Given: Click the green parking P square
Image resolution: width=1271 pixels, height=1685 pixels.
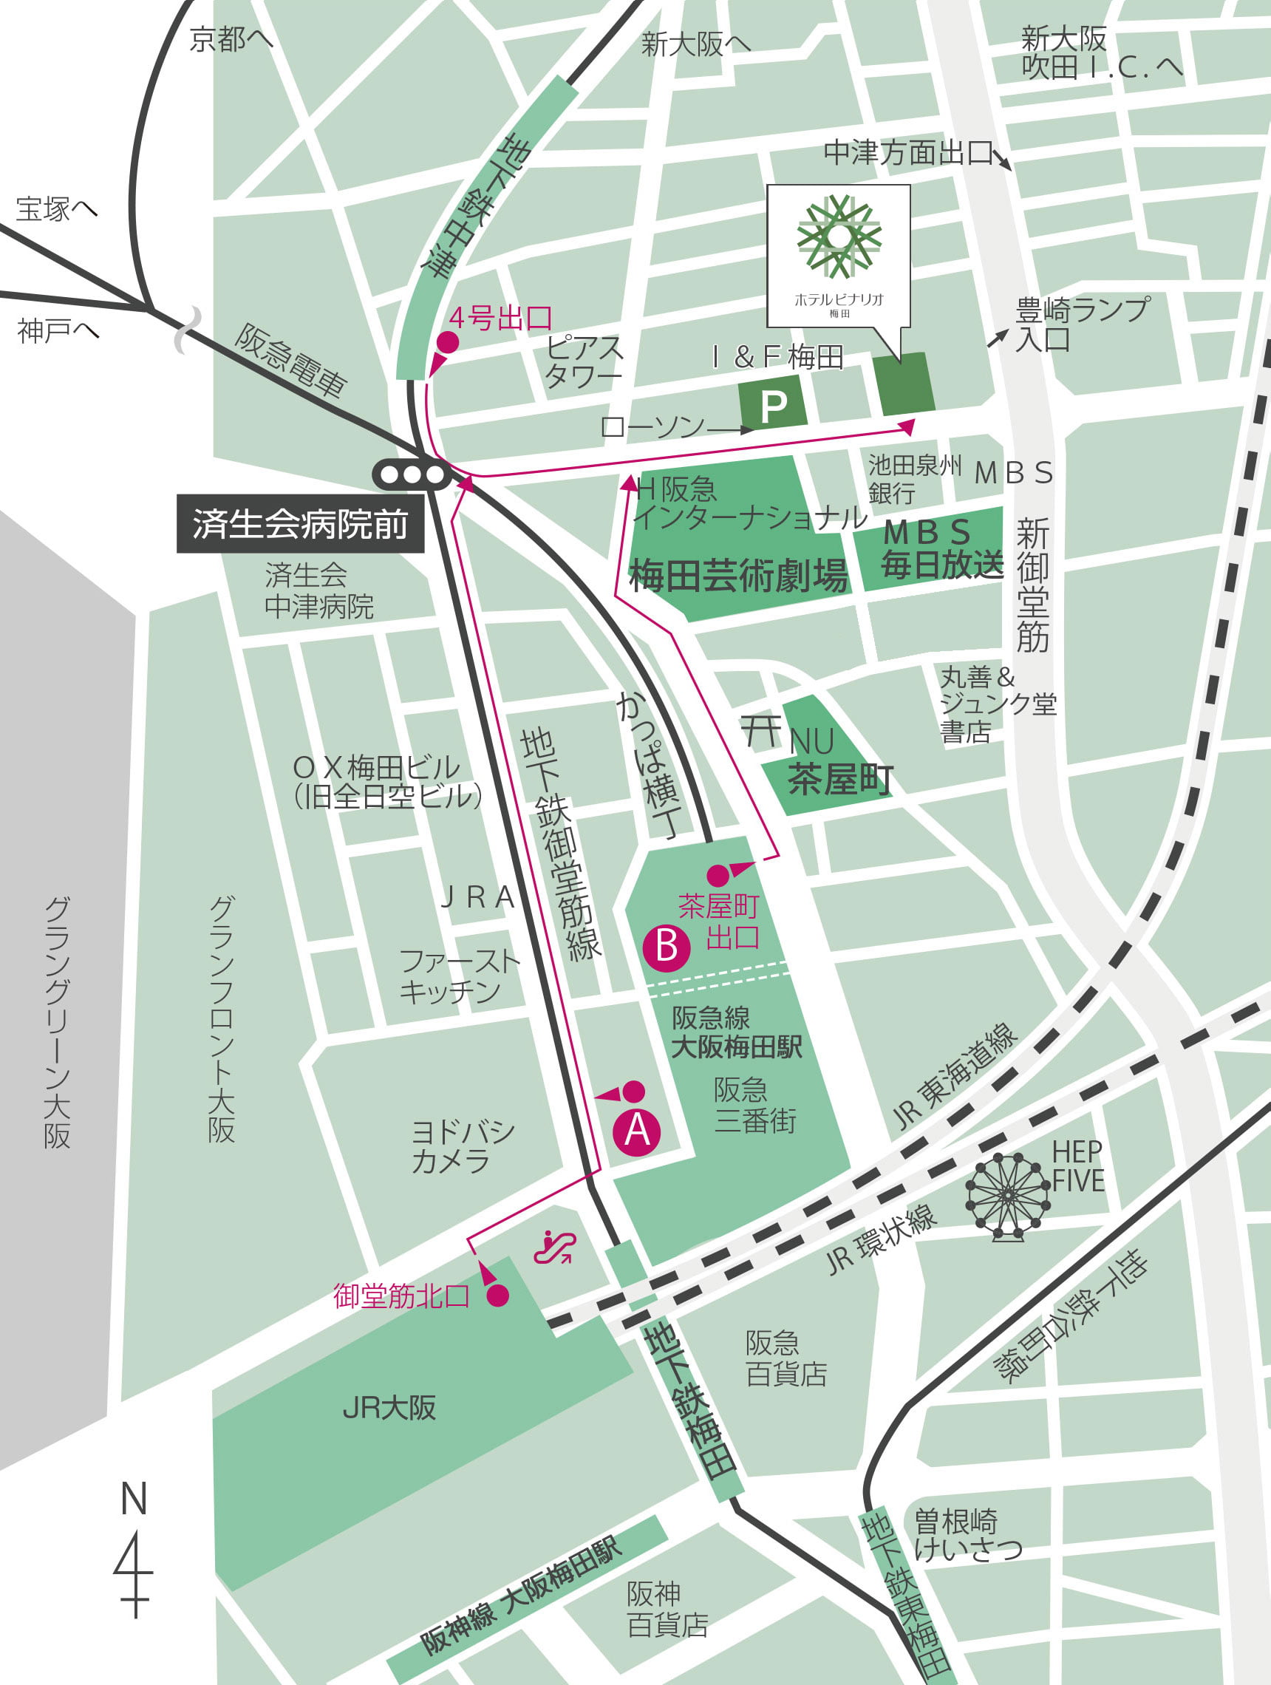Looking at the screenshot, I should [x=773, y=406].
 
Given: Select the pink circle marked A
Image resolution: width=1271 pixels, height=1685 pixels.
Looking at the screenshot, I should [x=638, y=1130].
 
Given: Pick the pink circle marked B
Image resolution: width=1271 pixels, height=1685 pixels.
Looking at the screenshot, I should [x=667, y=947].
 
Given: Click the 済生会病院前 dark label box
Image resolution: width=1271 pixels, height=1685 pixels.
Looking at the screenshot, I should [x=300, y=524].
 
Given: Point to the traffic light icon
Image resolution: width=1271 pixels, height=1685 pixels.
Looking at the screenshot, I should [x=412, y=475].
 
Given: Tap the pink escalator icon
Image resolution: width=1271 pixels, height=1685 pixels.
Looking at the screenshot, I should [x=553, y=1247].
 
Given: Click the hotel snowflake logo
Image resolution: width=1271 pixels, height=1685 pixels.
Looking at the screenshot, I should [x=838, y=236].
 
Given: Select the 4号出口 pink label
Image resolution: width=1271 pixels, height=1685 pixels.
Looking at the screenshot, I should [x=500, y=319].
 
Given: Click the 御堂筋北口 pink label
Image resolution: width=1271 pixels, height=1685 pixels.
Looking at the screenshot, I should [x=401, y=1296].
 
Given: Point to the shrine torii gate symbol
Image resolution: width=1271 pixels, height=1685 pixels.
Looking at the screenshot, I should [x=762, y=732].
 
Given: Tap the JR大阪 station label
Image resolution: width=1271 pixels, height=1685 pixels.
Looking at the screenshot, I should [x=389, y=1408].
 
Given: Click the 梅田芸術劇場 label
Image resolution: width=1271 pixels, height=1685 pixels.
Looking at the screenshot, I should [x=737, y=576].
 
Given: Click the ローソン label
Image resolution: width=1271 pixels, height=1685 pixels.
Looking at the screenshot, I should [x=652, y=427].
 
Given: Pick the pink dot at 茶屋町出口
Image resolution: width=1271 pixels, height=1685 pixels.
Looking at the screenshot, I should [x=718, y=876].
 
